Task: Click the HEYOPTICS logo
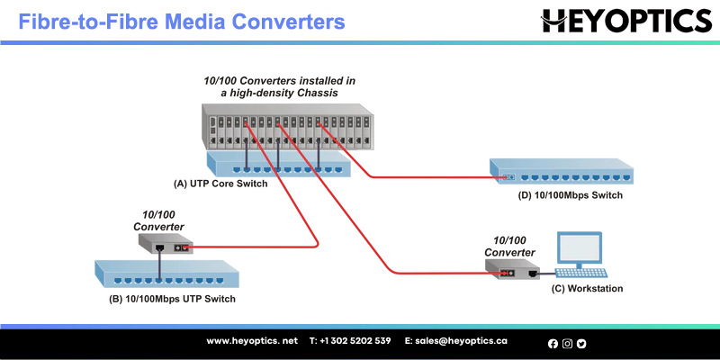(x=626, y=21)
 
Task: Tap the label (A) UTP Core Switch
(x=220, y=184)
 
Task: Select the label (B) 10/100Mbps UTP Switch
(x=172, y=299)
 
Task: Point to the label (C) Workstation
(x=588, y=288)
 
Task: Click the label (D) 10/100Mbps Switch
(x=571, y=195)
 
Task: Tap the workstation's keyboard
(x=580, y=273)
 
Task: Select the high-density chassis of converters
(x=287, y=127)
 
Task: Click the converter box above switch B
(x=166, y=243)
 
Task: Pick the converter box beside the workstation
(x=512, y=268)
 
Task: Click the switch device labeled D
(x=562, y=171)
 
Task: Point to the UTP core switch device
(x=279, y=165)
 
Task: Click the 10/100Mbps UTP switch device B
(x=166, y=274)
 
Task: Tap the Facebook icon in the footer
(x=553, y=344)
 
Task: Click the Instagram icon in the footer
(x=567, y=344)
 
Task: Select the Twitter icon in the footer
(x=581, y=344)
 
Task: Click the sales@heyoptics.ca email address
(x=456, y=341)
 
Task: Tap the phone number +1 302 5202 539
(x=350, y=341)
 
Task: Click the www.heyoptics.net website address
(x=252, y=341)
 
